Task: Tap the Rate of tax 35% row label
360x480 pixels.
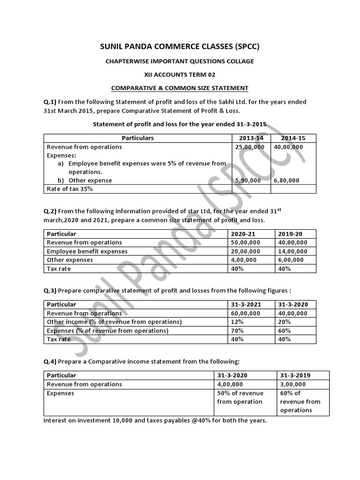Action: [69, 189]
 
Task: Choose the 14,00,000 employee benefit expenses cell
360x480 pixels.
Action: [293, 251]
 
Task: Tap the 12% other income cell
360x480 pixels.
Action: [238, 322]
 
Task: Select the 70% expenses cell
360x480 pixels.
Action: [238, 330]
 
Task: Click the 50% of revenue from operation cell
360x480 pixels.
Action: [240, 397]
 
